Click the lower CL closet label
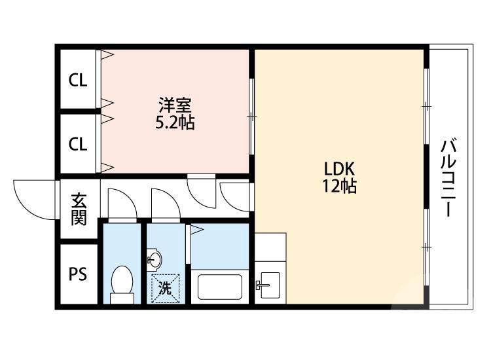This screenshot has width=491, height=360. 78,144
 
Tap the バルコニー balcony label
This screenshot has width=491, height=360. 448,177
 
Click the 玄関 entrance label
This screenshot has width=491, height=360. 79,209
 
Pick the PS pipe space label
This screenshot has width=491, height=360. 78,274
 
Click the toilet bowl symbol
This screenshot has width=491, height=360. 122,283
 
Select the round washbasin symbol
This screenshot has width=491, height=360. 155,260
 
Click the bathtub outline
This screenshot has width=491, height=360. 219,286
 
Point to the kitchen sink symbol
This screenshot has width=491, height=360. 268,285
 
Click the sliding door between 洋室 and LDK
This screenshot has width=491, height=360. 251,115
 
